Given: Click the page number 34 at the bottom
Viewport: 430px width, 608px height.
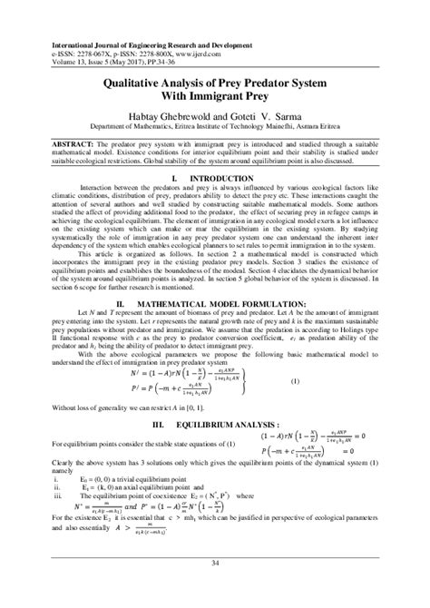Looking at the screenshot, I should (215, 564).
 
